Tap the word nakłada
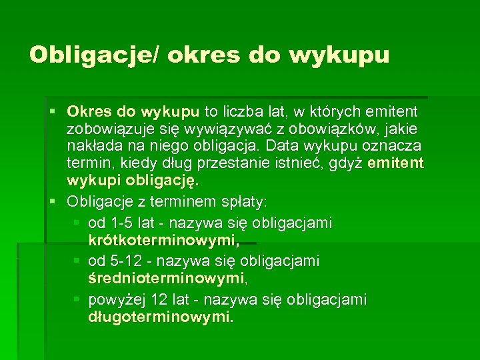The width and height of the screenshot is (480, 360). pyautogui.click(x=94, y=145)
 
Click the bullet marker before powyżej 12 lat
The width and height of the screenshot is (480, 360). pyautogui.click(x=77, y=299)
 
